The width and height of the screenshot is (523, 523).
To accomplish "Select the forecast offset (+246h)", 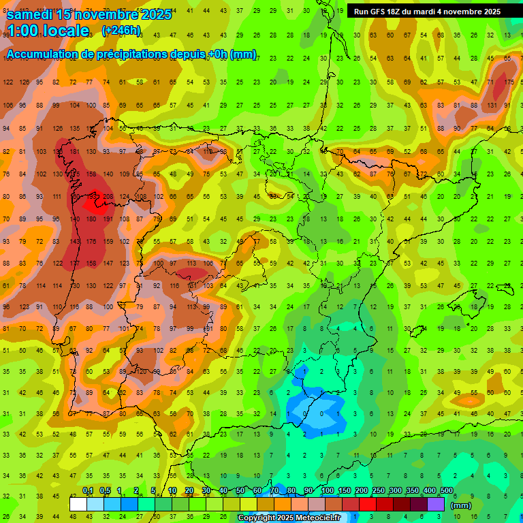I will pos(121,31).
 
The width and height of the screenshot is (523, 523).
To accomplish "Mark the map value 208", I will pos(108,197).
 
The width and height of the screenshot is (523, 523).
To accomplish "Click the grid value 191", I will pos(108,219).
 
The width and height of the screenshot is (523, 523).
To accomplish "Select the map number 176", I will pos(91,241).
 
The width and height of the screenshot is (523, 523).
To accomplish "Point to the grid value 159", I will pos(108,241).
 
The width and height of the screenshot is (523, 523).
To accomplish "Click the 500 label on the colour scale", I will pos(446,491).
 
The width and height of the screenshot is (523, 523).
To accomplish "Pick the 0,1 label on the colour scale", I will pos(88,491).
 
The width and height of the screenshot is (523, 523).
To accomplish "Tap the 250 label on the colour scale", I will pos(377,491).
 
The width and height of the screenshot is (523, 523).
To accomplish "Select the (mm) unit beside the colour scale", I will pos(461,505).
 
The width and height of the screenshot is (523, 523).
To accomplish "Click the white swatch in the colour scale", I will pos(78,505).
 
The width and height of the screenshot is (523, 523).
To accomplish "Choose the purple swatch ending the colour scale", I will pos(436,505).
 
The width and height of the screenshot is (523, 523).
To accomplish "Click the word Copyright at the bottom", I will pos(257,518).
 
